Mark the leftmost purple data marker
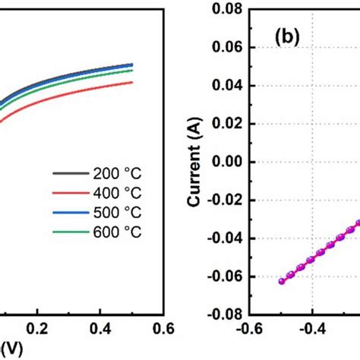(282, 281)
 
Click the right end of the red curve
(133, 82)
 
